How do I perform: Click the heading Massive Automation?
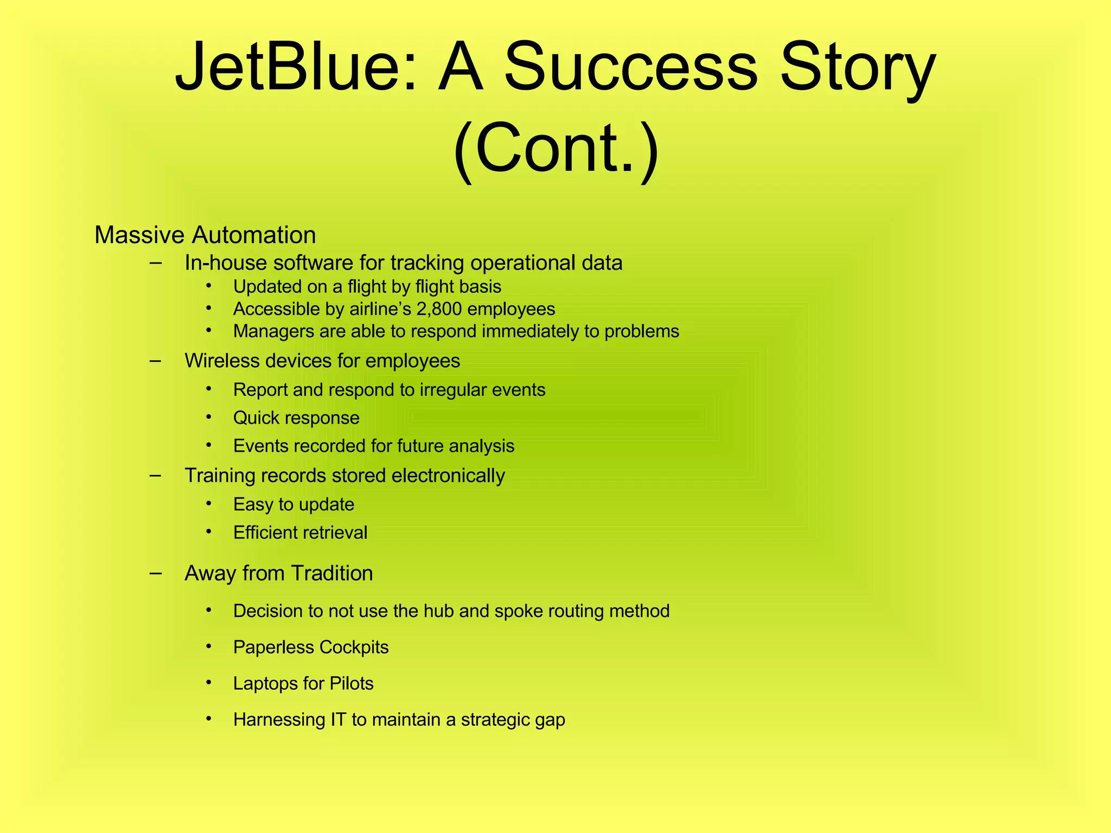click(205, 235)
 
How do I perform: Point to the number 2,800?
click(439, 309)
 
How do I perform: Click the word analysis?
click(481, 446)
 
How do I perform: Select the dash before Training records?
click(156, 475)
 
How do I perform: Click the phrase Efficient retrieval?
click(300, 533)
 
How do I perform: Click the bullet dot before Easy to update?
click(209, 504)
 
